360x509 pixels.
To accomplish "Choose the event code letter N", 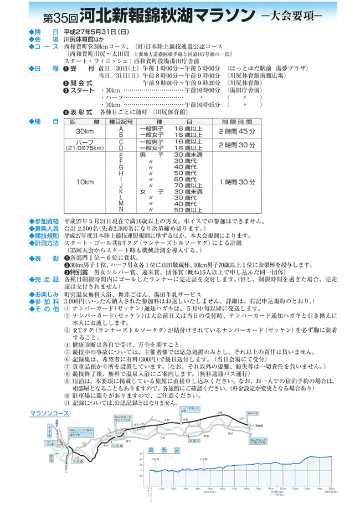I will pyautogui.click(x=120, y=210).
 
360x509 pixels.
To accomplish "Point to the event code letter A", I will pyautogui.click(x=120, y=128).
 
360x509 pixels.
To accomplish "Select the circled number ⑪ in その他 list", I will pyautogui.click(x=68, y=404).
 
